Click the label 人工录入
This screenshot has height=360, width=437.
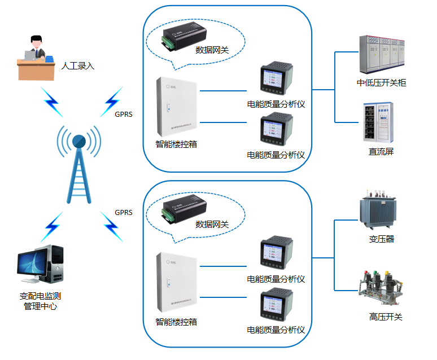coord(78,67)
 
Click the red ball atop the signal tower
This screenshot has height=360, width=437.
coord(78,141)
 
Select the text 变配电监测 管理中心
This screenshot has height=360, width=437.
coord(40,301)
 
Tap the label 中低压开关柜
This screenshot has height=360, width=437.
coord(381,83)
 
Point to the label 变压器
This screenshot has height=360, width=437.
coord(381,239)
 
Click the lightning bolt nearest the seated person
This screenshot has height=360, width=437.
coord(51,100)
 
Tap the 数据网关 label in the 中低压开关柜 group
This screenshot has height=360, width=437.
coord(212,50)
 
